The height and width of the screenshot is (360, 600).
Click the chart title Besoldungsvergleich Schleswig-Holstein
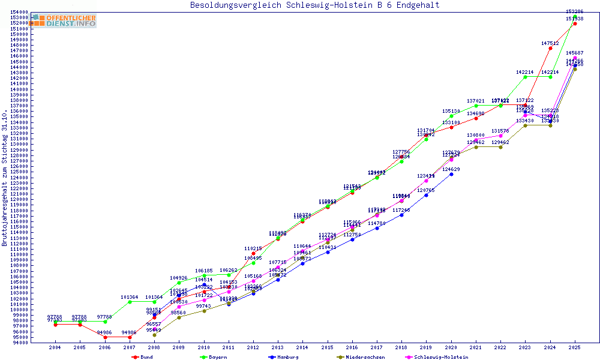click(314, 5)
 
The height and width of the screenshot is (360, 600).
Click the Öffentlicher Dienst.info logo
click(64, 20)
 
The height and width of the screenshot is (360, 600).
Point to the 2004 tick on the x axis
click(55, 347)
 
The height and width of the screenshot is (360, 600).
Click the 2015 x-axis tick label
click(327, 347)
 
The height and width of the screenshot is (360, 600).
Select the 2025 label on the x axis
click(575, 347)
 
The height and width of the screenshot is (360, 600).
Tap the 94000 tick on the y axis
click(20, 343)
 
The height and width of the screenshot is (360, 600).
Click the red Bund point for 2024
click(550, 48)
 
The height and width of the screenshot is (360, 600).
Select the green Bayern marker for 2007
click(130, 302)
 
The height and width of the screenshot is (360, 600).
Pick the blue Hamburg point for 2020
click(451, 174)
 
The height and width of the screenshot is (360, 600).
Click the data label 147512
click(550, 43)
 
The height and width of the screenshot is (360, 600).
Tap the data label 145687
click(575, 53)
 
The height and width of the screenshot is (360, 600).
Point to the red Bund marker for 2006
click(105, 337)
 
